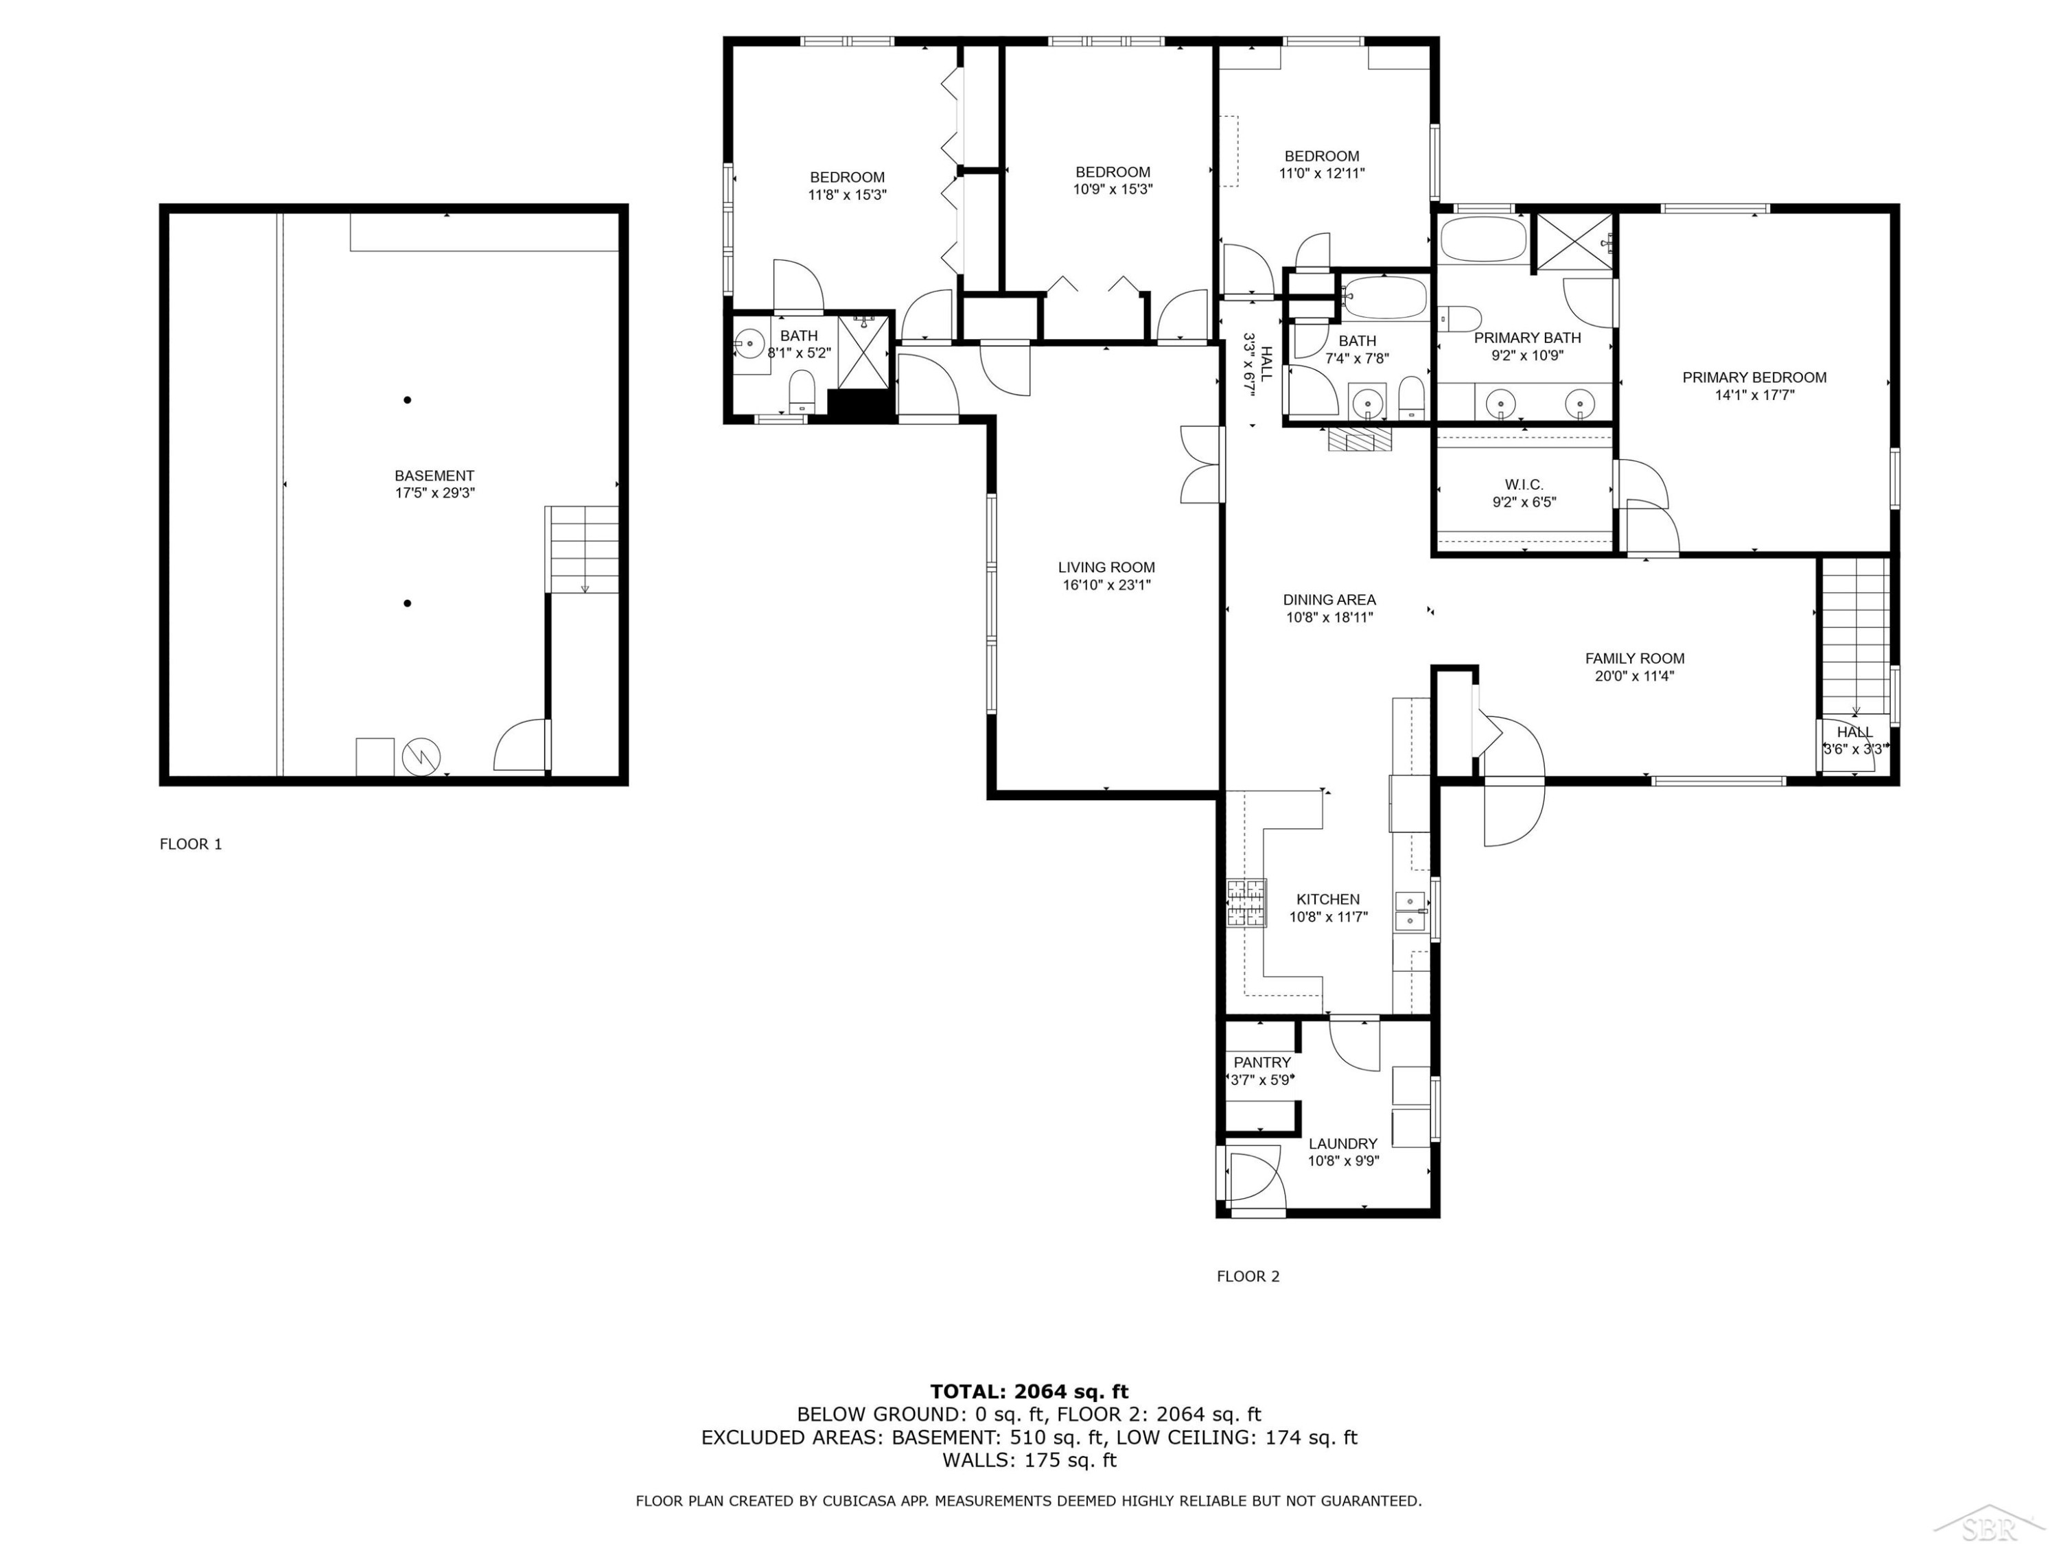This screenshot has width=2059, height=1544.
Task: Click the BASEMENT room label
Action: [434, 475]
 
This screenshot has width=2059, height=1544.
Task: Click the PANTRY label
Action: [1262, 1062]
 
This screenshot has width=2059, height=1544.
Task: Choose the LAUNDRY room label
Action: [1342, 1144]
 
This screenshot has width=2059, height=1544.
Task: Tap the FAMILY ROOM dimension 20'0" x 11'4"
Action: [1635, 677]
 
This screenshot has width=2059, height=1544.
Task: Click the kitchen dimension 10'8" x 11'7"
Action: [1327, 917]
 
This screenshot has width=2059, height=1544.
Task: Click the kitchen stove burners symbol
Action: [1247, 903]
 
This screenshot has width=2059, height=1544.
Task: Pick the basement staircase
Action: [582, 549]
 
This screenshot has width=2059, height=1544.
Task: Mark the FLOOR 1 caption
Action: [191, 844]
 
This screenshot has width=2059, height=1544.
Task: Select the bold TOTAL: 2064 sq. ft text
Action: [1029, 1392]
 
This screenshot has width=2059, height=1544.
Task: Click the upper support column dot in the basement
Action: [407, 400]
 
